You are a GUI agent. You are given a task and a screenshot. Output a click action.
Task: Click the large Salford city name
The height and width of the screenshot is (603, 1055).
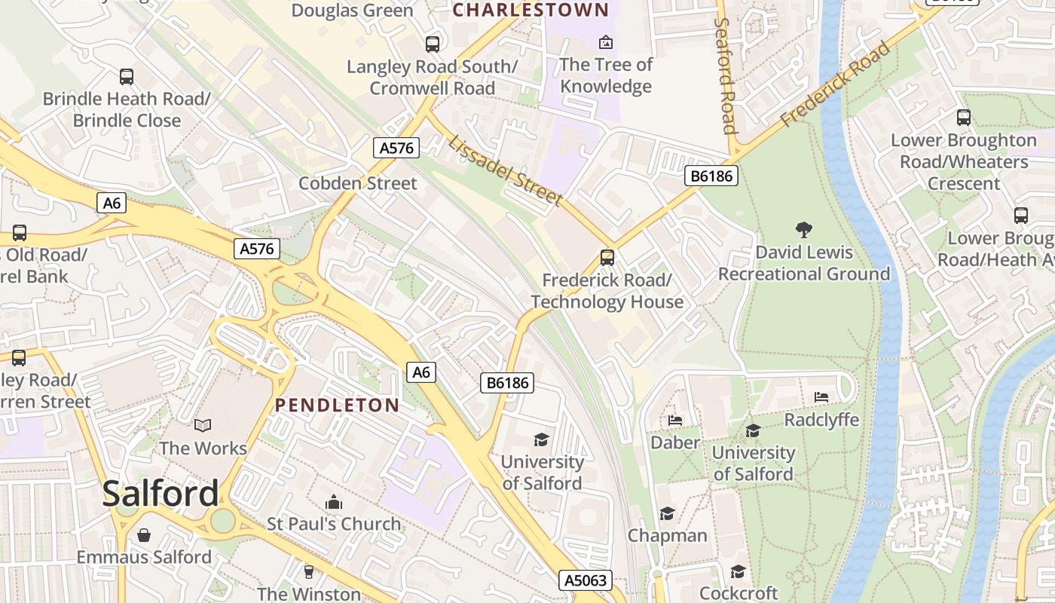tap(161, 494)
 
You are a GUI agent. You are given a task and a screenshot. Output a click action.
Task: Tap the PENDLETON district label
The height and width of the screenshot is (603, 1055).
tap(337, 405)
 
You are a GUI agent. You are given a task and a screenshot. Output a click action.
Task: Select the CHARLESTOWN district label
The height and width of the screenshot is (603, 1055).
tap(531, 10)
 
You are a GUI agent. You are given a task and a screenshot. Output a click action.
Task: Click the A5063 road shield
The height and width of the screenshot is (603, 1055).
tap(586, 580)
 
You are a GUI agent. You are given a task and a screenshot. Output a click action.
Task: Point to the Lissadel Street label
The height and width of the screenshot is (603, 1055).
tap(505, 170)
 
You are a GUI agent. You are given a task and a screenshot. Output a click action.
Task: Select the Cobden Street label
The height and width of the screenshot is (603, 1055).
tap(357, 183)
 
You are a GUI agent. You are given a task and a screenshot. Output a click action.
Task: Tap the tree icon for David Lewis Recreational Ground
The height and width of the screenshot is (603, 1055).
tap(804, 230)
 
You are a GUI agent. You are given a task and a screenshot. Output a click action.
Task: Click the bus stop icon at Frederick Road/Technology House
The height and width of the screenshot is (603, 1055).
tap(607, 258)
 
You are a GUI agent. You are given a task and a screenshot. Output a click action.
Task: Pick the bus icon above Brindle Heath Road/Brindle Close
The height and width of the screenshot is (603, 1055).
tap(127, 76)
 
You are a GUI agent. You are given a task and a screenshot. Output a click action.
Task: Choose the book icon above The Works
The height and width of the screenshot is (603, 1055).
tap(203, 426)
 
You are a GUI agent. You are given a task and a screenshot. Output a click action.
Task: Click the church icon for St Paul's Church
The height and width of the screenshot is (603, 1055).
tap(333, 502)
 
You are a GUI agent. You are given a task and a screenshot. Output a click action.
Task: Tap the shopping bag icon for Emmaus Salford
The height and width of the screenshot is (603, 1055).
tap(144, 535)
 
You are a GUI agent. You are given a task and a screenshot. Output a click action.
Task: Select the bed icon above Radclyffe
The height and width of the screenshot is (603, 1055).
tap(821, 397)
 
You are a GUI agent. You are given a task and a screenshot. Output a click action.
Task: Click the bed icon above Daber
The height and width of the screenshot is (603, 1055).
tap(675, 420)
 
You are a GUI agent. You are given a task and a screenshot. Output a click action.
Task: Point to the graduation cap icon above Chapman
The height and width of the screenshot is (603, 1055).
tap(667, 514)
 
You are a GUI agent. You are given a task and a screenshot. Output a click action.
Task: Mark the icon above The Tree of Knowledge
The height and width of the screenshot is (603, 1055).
tap(605, 42)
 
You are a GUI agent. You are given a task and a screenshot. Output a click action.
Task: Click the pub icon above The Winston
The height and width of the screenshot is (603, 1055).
tap(308, 571)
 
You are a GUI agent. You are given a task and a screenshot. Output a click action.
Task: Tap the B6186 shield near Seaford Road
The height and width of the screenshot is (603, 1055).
tap(711, 176)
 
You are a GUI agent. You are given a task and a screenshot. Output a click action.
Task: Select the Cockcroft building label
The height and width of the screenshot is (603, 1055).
tap(738, 592)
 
